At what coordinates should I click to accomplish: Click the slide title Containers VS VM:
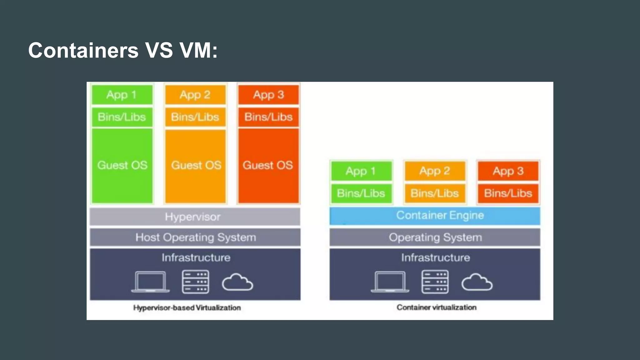pyautogui.click(x=123, y=50)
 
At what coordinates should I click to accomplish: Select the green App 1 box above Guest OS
pyautogui.click(x=122, y=95)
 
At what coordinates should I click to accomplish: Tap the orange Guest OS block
pyautogui.click(x=196, y=165)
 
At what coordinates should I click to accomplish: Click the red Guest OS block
pyautogui.click(x=268, y=165)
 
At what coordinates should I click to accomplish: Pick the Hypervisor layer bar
pyautogui.click(x=195, y=217)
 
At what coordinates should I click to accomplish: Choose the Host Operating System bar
pyautogui.click(x=195, y=237)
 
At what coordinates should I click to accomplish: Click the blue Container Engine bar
pyautogui.click(x=435, y=216)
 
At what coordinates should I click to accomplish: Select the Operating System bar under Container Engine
pyautogui.click(x=435, y=237)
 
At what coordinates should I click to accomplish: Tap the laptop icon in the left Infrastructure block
pyautogui.click(x=150, y=282)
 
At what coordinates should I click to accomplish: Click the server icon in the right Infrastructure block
pyautogui.click(x=435, y=282)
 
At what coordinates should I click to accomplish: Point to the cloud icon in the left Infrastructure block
pyautogui.click(x=237, y=282)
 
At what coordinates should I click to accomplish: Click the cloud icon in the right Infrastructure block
pyautogui.click(x=477, y=282)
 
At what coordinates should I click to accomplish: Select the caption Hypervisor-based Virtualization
pyautogui.click(x=187, y=308)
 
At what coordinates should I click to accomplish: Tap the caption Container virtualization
pyautogui.click(x=437, y=307)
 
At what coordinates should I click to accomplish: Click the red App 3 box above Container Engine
pyautogui.click(x=508, y=171)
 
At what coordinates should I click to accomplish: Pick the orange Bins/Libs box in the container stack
pyautogui.click(x=435, y=193)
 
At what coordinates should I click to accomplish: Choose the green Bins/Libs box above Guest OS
pyautogui.click(x=122, y=117)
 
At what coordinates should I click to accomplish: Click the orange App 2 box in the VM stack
pyautogui.click(x=195, y=95)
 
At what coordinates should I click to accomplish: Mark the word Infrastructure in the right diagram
pyautogui.click(x=436, y=257)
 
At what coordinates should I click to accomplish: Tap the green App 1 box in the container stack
pyautogui.click(x=361, y=171)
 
